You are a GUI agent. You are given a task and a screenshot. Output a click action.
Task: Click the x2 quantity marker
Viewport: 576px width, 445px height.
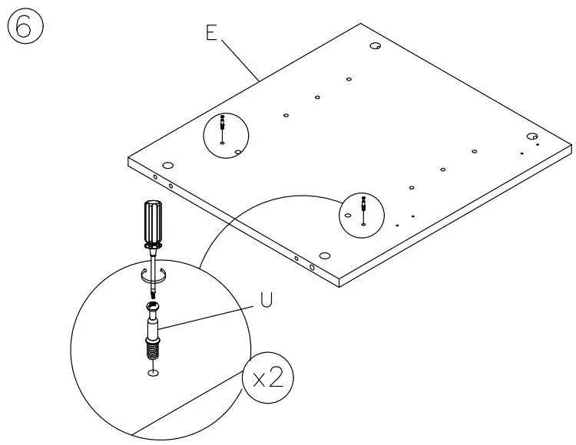tap(267, 378)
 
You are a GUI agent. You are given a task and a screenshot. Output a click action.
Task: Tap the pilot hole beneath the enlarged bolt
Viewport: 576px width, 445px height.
tap(154, 373)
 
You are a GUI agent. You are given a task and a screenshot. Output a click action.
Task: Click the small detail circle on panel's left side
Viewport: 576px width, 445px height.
tap(226, 135)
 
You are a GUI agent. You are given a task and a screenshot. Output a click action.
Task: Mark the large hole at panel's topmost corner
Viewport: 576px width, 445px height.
tap(375, 48)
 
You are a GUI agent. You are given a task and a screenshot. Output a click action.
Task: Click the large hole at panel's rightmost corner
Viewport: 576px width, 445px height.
tap(531, 136)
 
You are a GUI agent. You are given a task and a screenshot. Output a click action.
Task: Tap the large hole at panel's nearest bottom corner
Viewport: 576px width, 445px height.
tap(324, 255)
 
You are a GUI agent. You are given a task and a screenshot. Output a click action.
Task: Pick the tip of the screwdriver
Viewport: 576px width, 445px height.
tap(154, 296)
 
